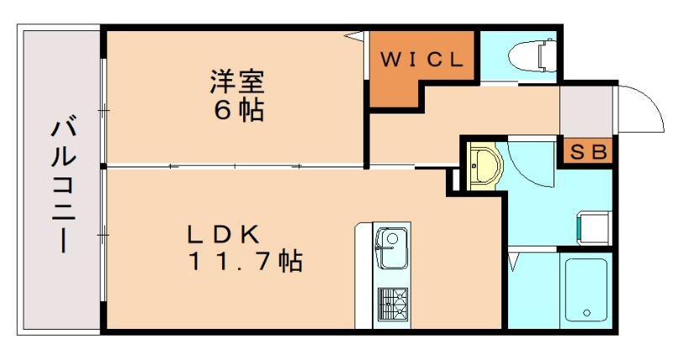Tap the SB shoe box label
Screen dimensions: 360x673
(587, 153)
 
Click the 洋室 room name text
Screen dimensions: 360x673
(237, 83)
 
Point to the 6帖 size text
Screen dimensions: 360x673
(238, 110)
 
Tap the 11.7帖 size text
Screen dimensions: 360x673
(243, 262)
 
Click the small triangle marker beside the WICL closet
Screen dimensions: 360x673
(357, 35)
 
